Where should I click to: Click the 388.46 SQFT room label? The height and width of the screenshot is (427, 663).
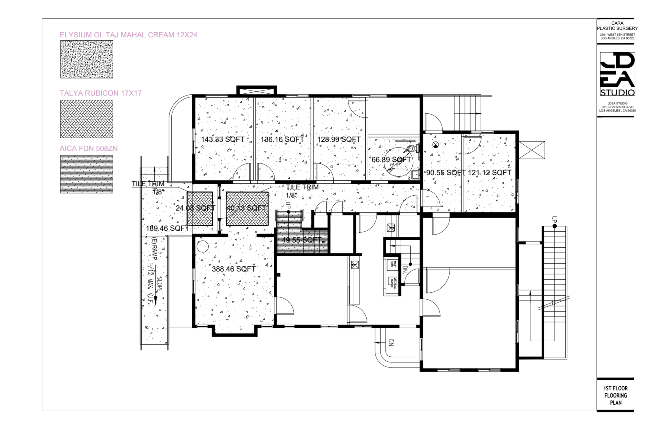(233, 269)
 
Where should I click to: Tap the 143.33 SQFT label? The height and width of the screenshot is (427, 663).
(223, 139)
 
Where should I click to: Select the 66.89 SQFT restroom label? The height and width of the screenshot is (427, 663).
(391, 159)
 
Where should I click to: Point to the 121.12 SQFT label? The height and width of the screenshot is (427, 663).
(489, 172)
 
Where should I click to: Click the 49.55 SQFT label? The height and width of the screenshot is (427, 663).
(302, 240)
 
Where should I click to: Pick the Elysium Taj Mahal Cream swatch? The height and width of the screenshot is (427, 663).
(86, 59)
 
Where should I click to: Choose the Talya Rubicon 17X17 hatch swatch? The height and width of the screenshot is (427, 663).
(86, 119)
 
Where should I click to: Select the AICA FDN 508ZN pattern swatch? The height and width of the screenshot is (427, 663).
(86, 174)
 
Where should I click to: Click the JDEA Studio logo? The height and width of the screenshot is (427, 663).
(617, 74)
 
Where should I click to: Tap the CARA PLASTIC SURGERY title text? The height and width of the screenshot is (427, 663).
(617, 26)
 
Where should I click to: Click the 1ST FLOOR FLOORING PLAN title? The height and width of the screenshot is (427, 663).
(615, 395)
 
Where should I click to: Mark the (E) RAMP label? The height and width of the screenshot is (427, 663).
(154, 248)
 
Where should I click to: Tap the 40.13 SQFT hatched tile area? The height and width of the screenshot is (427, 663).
(247, 209)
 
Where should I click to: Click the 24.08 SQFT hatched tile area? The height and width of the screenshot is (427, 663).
(200, 209)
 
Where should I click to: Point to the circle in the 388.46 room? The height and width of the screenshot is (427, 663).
(202, 246)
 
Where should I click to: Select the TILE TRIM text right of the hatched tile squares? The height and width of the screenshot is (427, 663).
(302, 187)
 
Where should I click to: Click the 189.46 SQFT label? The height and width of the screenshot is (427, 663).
(167, 228)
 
